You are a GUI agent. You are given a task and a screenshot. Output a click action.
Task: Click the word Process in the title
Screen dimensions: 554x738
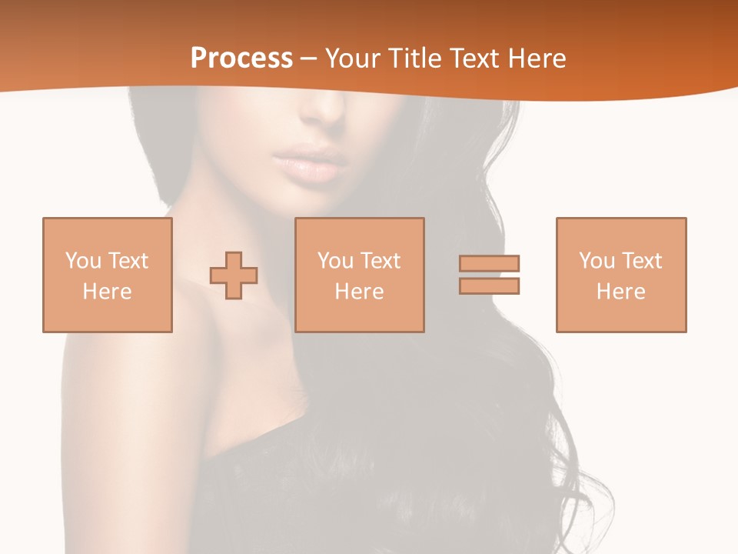(241, 58)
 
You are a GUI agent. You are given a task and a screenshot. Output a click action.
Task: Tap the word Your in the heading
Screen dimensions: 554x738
(353, 58)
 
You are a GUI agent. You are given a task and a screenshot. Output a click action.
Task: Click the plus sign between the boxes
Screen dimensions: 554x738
(234, 275)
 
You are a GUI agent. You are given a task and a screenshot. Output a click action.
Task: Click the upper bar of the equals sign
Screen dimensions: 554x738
(489, 263)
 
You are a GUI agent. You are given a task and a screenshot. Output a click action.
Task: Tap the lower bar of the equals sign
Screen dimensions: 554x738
(489, 285)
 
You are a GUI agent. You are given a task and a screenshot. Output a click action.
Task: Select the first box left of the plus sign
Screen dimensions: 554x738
(108, 275)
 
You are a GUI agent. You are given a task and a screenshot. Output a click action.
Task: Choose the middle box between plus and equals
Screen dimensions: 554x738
(360, 275)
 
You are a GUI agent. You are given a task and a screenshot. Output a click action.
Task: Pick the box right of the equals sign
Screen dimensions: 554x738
(621, 275)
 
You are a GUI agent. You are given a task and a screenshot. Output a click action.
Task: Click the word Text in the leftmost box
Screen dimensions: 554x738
(128, 261)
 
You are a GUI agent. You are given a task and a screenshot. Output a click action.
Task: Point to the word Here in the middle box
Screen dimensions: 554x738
(360, 292)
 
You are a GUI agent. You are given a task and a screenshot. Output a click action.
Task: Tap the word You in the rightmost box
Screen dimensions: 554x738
(597, 261)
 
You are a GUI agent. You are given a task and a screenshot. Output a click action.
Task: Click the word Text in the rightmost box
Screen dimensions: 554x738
(642, 261)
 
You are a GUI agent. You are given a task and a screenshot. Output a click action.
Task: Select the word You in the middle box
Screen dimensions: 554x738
(336, 261)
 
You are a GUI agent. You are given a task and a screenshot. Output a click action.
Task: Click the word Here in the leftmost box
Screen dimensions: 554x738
(108, 292)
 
